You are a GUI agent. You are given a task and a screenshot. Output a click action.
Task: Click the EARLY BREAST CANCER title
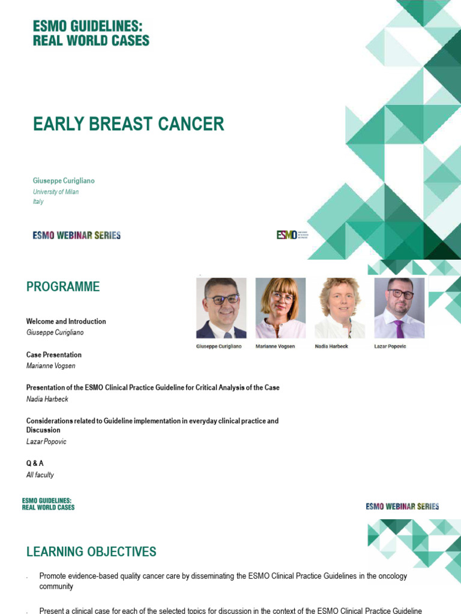pos(128,124)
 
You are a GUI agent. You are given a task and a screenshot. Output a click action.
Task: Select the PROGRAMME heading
pos(63,287)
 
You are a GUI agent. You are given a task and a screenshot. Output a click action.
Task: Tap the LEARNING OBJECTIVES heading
pos(91,552)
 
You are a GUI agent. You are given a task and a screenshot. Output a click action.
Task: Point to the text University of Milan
pos(55,192)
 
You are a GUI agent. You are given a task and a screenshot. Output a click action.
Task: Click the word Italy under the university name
pos(38,201)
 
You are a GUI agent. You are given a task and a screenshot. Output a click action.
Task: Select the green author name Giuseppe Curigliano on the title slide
pos(63,180)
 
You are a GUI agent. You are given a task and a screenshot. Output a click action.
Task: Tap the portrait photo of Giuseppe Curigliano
pos(221,308)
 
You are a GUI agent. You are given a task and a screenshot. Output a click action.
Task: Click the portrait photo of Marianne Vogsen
pos(280,308)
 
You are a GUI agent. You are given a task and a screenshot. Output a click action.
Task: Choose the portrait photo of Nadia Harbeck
pos(340,308)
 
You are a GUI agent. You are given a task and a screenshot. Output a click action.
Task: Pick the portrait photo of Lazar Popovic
pos(399,308)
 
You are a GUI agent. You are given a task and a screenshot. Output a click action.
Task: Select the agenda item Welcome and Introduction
pos(66,321)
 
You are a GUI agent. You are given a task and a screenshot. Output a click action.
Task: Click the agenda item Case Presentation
pos(54,355)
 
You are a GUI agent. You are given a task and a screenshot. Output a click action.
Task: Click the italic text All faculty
pos(40,475)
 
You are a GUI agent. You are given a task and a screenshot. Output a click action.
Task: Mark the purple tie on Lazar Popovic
pos(399,329)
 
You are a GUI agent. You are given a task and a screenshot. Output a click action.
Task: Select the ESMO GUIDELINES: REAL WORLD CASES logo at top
pos(91,32)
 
